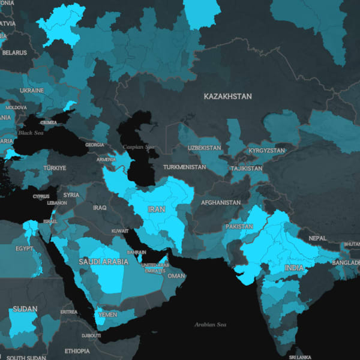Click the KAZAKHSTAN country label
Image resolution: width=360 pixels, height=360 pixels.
[227, 96]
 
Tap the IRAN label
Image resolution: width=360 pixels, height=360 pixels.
[156, 210]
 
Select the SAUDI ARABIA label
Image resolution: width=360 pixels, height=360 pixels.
[103, 262]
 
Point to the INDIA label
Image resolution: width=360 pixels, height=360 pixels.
[294, 268]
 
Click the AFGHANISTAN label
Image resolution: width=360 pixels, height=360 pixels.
[221, 203]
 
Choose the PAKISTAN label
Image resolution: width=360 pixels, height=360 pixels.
[239, 227]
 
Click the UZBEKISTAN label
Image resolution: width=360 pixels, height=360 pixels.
[204, 148]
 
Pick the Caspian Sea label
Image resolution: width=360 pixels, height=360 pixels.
[138, 147]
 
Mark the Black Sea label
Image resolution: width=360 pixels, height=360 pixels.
[31, 133]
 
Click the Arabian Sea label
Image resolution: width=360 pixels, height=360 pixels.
[210, 325]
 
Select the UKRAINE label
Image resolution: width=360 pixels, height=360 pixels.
[31, 91]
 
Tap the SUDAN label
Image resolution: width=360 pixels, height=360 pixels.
[25, 309]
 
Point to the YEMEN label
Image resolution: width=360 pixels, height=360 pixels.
[108, 314]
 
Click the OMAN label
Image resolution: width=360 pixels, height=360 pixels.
[176, 276]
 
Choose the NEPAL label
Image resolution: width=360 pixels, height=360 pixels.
[317, 238]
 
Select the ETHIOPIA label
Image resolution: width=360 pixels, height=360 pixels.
[77, 351]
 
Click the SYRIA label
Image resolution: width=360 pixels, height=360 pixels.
[71, 195]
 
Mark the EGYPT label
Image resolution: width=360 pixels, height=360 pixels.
[24, 248]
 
